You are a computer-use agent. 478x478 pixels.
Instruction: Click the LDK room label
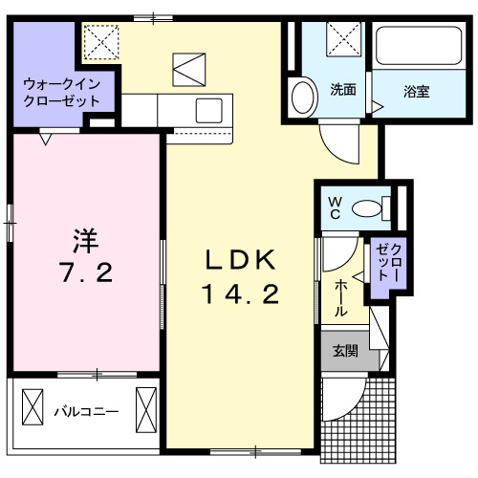pyautogui.click(x=242, y=259)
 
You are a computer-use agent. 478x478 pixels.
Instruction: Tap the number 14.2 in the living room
pyautogui.click(x=240, y=294)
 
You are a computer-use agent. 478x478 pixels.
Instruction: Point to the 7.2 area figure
pyautogui.click(x=87, y=272)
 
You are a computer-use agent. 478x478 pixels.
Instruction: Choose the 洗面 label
pyautogui.click(x=343, y=91)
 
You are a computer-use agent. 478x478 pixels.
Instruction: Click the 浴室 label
pyautogui.click(x=415, y=92)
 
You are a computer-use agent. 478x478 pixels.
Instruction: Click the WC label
pyautogui.click(x=336, y=206)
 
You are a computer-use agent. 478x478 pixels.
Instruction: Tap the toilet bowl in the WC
pyautogui.click(x=368, y=206)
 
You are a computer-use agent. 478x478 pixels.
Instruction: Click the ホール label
pyautogui.click(x=341, y=298)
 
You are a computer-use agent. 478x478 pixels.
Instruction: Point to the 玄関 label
pyautogui.click(x=345, y=351)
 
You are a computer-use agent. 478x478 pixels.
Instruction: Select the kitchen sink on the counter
pyautogui.click(x=210, y=110)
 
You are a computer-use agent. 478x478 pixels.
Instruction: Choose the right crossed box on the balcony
pyautogui.click(x=145, y=407)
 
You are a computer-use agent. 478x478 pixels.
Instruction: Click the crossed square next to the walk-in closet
pyautogui.click(x=98, y=43)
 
